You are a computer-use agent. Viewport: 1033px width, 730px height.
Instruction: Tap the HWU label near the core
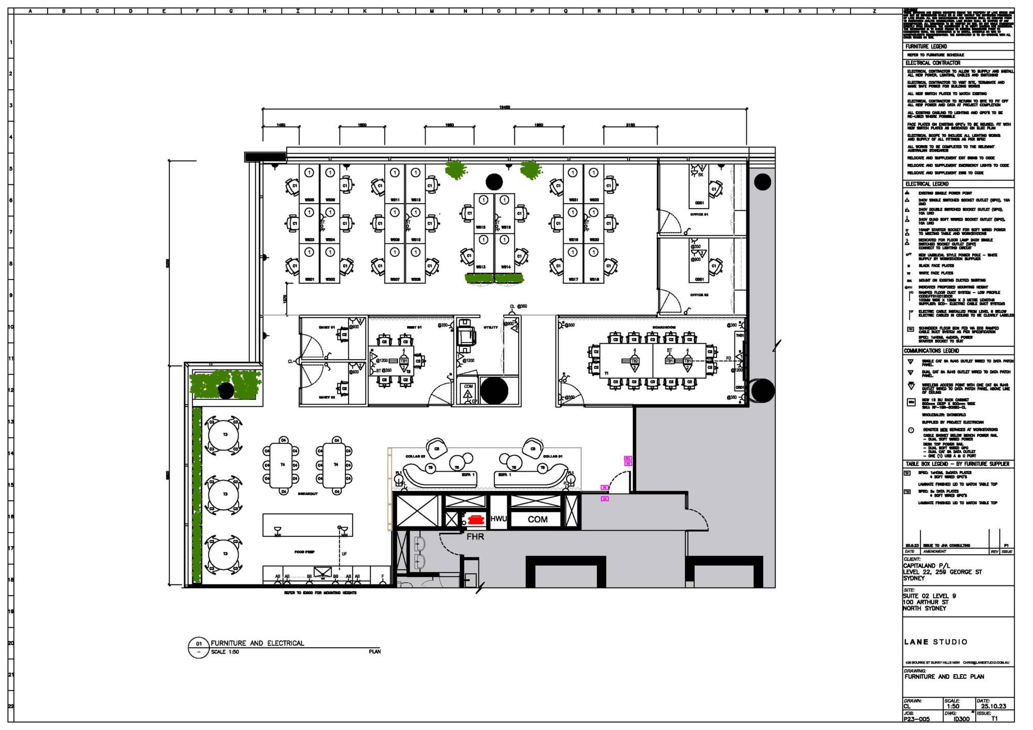[498, 519]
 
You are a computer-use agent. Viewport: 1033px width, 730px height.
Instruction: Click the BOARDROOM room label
[664, 328]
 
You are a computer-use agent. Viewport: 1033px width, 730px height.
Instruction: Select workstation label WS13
[480, 267]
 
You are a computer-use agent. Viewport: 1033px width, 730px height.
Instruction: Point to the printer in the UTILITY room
[466, 336]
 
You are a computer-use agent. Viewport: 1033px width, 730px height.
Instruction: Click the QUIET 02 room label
[326, 397]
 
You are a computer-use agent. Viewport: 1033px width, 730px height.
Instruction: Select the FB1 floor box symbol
[669, 361]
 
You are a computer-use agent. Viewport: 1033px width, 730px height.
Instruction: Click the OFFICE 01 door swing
[670, 221]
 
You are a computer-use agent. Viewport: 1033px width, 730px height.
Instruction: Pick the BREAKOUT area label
[308, 494]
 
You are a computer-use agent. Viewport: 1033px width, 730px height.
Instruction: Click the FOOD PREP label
[304, 552]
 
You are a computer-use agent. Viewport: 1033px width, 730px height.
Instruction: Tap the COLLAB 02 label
[415, 456]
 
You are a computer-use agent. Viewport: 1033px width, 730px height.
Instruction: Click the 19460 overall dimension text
[505, 107]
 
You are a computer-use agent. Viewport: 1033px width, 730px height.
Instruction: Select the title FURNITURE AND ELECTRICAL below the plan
[257, 643]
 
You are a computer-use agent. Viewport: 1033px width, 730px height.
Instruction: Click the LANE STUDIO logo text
[935, 642]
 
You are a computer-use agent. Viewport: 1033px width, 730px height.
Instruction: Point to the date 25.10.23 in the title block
[993, 706]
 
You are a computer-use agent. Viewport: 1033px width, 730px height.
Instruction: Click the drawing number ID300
[961, 719]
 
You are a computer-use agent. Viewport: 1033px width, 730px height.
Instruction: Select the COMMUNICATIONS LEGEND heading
[931, 351]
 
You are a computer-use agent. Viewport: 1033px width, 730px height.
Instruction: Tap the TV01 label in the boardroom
[740, 336]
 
